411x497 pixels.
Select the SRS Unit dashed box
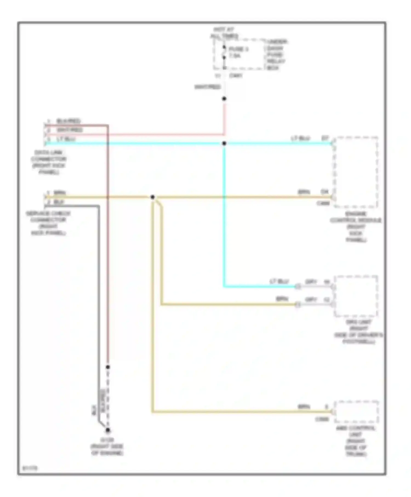(356, 296)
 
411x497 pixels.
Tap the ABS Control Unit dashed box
(356, 412)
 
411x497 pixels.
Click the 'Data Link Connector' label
(48, 162)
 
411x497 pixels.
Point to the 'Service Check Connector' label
(48, 223)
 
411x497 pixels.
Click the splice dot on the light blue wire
(224, 143)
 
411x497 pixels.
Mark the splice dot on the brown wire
(153, 197)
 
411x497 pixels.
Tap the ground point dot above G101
(108, 430)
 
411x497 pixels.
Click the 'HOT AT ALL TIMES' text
(224, 33)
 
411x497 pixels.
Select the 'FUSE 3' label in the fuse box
(238, 49)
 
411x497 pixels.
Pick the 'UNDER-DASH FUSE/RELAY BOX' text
(276, 55)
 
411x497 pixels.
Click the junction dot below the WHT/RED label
(224, 99)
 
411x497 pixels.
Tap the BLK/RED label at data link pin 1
(68, 121)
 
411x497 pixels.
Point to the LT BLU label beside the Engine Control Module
(300, 138)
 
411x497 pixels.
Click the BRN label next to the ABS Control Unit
(304, 407)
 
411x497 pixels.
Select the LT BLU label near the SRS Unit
(279, 282)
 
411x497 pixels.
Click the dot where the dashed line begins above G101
(108, 367)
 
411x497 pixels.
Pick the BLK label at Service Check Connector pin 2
(59, 202)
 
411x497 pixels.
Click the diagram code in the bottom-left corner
(30, 468)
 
